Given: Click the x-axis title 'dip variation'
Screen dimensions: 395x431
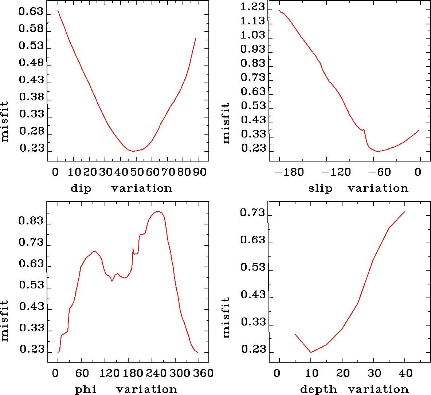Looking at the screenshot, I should click(x=121, y=188).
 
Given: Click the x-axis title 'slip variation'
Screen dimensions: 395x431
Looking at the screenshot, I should click(x=358, y=188).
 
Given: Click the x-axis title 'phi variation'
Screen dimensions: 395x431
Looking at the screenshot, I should click(x=126, y=390).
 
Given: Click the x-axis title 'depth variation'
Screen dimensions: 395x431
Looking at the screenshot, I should click(x=354, y=390).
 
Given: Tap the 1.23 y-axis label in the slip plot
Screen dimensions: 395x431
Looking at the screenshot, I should click(x=253, y=7).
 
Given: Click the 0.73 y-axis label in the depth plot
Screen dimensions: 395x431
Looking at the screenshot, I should click(x=252, y=212).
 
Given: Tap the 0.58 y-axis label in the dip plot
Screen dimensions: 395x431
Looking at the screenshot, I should click(x=31, y=29).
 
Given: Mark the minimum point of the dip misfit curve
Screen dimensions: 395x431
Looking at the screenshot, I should click(x=133, y=151).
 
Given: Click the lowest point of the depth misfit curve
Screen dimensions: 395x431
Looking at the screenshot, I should click(x=311, y=352).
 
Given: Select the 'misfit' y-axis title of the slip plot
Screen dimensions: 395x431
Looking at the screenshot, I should click(x=226, y=123).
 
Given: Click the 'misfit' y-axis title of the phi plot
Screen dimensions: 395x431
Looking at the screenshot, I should click(x=5, y=320).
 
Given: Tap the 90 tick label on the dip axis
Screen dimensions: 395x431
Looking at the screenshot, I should click(x=200, y=172).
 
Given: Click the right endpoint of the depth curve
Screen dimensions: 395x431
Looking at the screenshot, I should click(x=405, y=212).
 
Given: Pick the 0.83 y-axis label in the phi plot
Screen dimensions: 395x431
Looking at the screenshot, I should click(x=31, y=221).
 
